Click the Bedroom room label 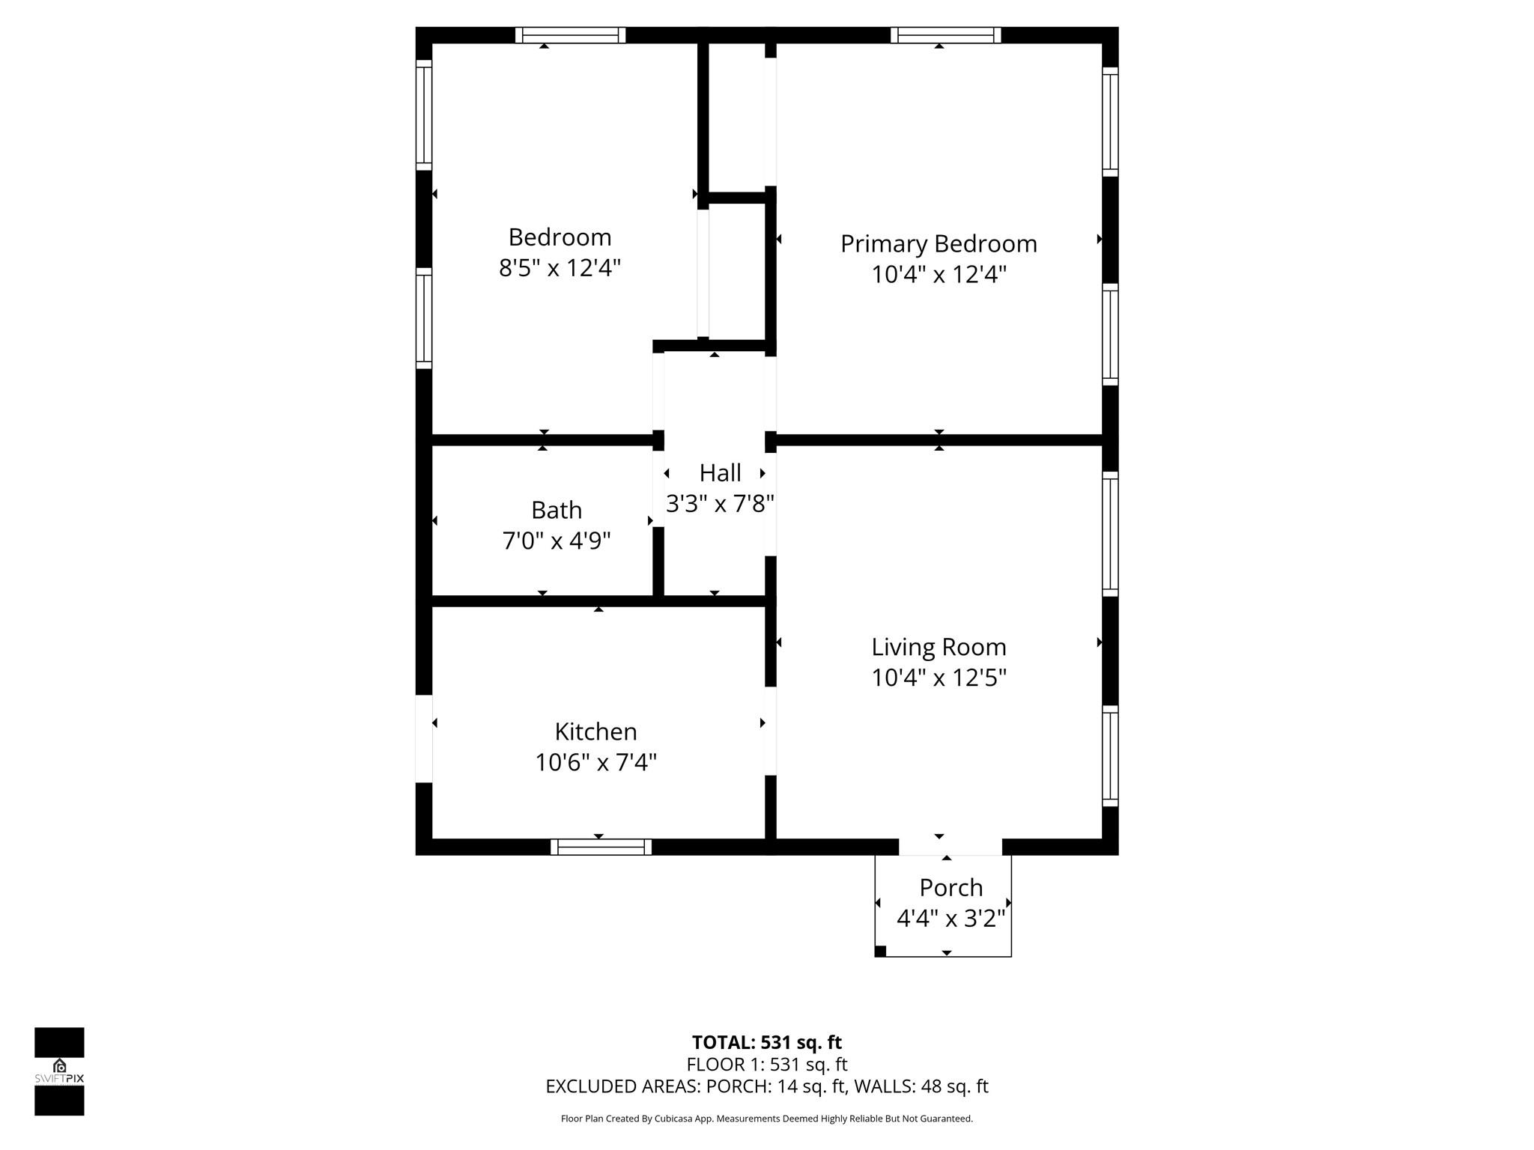pyautogui.click(x=560, y=237)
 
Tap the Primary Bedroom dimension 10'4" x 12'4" pyautogui.click(x=938, y=275)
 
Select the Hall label pyautogui.click(x=720, y=473)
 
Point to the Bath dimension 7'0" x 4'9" pyautogui.click(x=556, y=541)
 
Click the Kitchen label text pyautogui.click(x=595, y=731)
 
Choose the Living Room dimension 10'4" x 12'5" pyautogui.click(x=938, y=678)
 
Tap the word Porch pyautogui.click(x=951, y=888)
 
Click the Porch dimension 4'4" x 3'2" pyautogui.click(x=951, y=919)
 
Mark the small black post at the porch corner pyautogui.click(x=881, y=952)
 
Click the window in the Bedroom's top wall pyautogui.click(x=570, y=35)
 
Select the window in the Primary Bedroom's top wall pyautogui.click(x=945, y=35)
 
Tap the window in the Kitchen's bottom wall pyautogui.click(x=601, y=847)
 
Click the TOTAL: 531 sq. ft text pyautogui.click(x=766, y=1042)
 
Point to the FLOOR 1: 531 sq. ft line pyautogui.click(x=766, y=1065)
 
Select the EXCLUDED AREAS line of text pyautogui.click(x=766, y=1086)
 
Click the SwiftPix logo pyautogui.click(x=59, y=1071)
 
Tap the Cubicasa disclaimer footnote pyautogui.click(x=766, y=1119)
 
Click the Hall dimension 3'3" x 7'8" pyautogui.click(x=720, y=504)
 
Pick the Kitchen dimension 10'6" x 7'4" pyautogui.click(x=595, y=763)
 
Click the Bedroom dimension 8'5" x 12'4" pyautogui.click(x=560, y=268)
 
